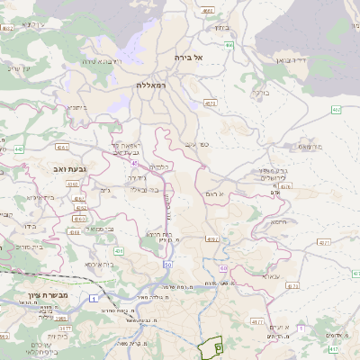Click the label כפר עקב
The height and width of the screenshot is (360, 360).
tap(191, 143)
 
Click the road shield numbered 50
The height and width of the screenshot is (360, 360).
tap(166, 265)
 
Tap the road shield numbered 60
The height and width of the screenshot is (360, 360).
tap(221, 269)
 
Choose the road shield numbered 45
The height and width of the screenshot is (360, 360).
tap(134, 163)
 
